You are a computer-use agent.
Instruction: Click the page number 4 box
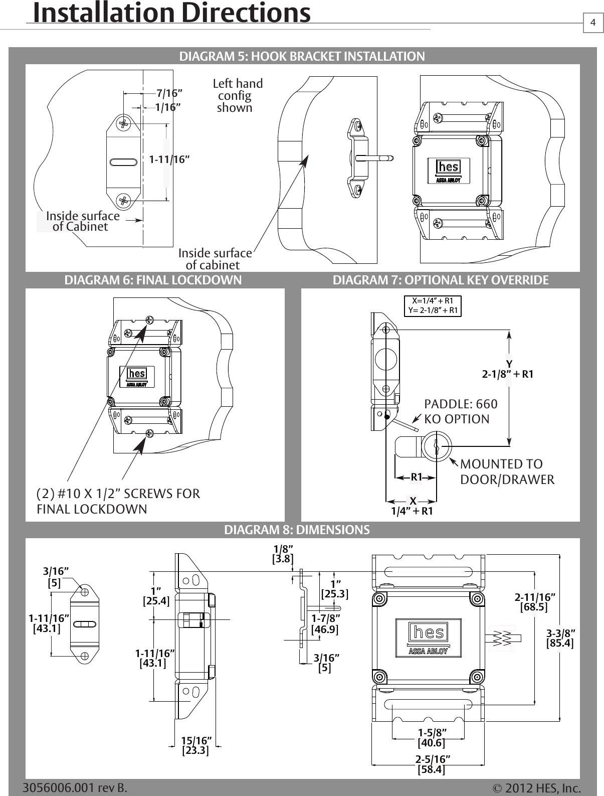(x=593, y=23)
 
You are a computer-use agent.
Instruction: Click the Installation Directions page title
(x=172, y=14)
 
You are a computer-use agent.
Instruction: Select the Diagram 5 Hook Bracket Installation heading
(x=302, y=56)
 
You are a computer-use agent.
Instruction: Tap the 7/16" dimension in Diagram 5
(x=169, y=93)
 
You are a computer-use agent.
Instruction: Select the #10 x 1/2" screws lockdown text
(x=118, y=501)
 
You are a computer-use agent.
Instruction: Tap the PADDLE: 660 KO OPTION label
(x=461, y=411)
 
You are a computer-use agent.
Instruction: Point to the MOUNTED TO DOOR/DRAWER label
(x=506, y=471)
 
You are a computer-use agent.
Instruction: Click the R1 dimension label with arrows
(x=416, y=477)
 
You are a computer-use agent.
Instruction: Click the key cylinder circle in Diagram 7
(x=436, y=445)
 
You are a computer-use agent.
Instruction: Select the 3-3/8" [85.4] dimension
(x=560, y=638)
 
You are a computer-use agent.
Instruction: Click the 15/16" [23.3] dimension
(x=195, y=745)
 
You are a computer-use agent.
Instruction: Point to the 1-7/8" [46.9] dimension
(x=325, y=623)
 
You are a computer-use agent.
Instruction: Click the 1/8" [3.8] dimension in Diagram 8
(x=283, y=554)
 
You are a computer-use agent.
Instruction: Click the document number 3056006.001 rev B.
(x=75, y=787)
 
